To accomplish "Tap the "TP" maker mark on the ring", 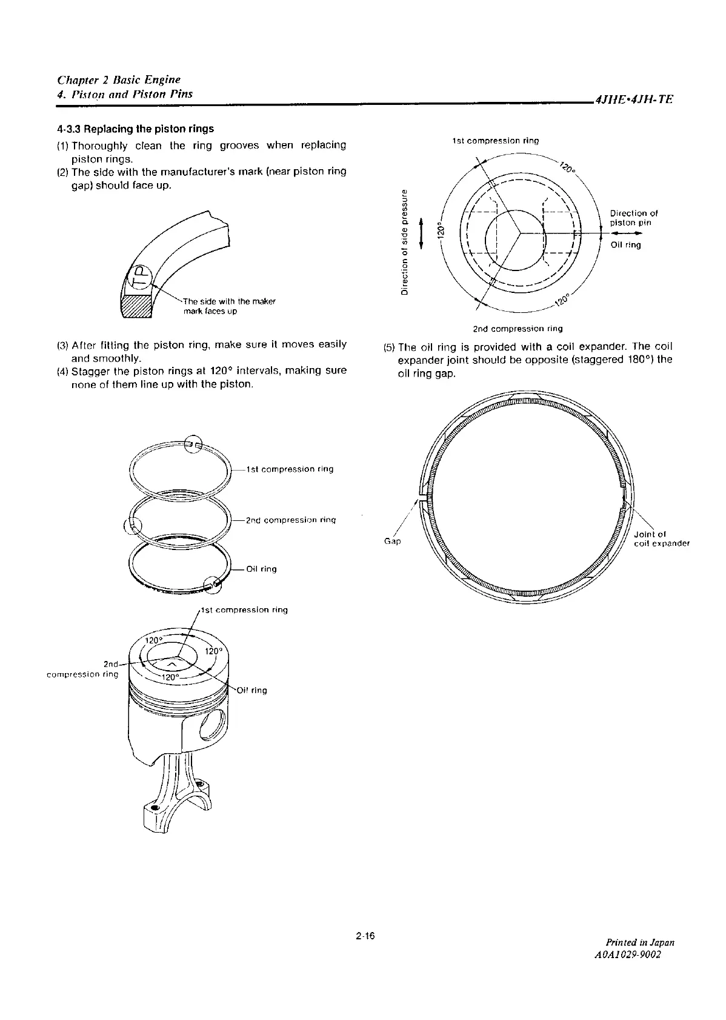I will point(139,278).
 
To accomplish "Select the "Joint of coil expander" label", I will point(661,539).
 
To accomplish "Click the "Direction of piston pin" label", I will point(633,218).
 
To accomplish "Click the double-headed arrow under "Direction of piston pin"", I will point(626,232).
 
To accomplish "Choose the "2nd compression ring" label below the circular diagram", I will point(518,329).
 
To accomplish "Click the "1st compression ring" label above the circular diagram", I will point(496,141).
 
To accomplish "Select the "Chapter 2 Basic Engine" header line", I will point(119,79).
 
